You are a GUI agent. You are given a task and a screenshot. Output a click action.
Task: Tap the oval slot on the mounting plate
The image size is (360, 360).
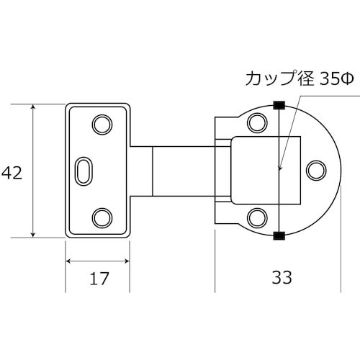(84, 171)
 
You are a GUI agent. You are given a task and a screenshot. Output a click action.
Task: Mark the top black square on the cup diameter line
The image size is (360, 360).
(279, 104)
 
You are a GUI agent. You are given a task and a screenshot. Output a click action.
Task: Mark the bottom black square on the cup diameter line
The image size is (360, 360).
(279, 235)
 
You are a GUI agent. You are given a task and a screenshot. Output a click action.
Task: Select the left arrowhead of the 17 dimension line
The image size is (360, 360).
(69, 261)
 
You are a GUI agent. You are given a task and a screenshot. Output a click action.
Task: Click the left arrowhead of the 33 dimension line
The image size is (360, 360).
(217, 261)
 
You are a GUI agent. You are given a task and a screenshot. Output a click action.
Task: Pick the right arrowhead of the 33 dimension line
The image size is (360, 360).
(336, 261)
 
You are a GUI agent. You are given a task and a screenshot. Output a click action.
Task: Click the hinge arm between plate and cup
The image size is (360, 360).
(184, 171)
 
